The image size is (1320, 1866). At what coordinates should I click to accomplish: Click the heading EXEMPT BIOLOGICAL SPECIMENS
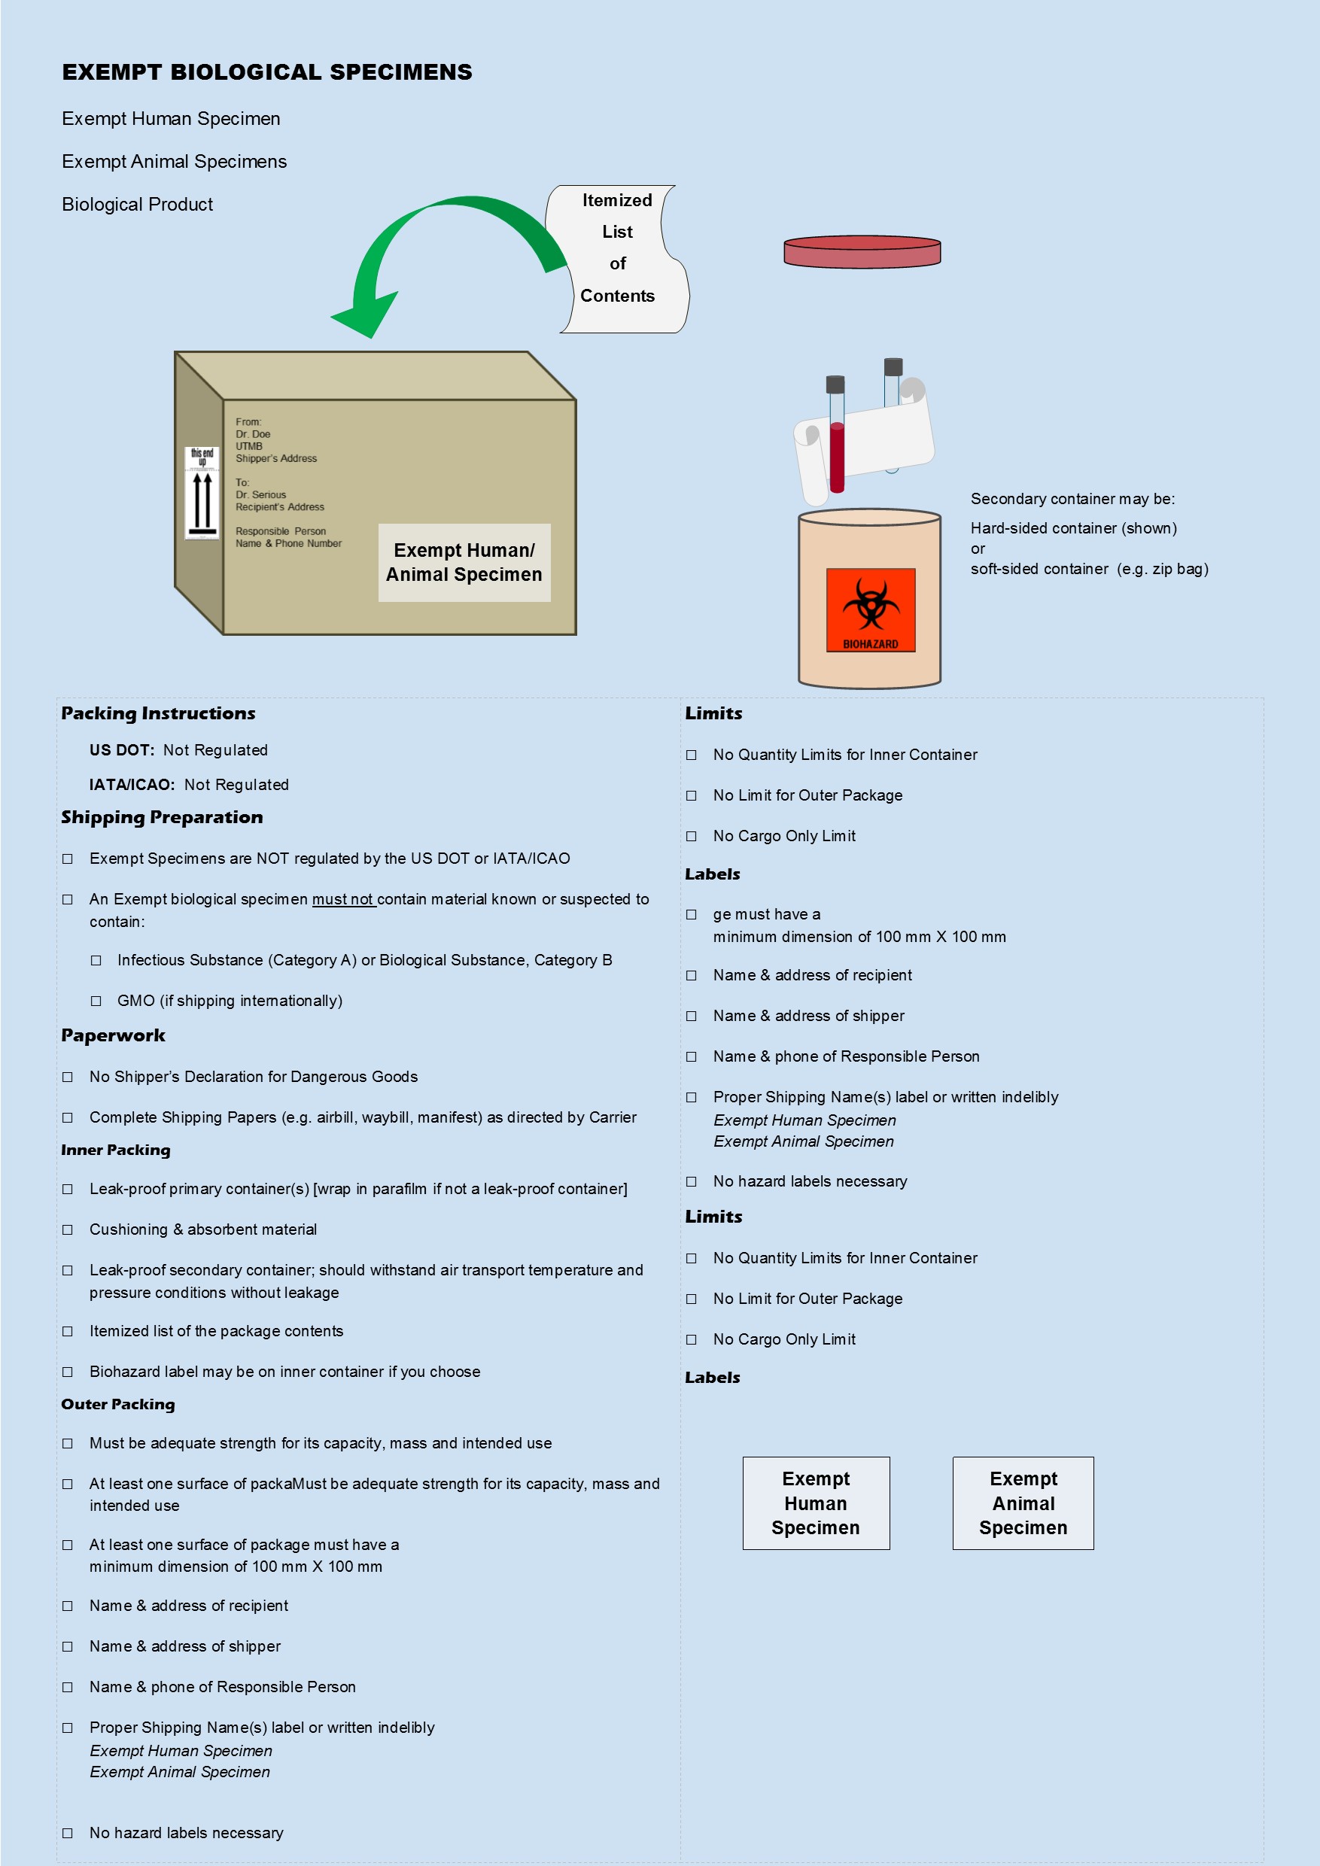click(x=266, y=72)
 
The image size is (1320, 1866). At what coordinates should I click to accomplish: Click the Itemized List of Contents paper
click(x=618, y=258)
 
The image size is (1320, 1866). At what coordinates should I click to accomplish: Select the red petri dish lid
click(x=862, y=252)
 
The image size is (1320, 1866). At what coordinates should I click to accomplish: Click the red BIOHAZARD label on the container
click(x=871, y=609)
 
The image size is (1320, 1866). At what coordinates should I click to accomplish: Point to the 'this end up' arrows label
click(x=202, y=493)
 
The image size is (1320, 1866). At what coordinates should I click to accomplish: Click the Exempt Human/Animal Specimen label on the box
click(x=464, y=562)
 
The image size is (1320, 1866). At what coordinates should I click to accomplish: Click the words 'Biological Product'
click(x=138, y=205)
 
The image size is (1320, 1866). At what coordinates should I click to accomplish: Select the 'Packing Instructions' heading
click(x=159, y=713)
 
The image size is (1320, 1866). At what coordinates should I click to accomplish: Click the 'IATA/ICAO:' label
click(x=132, y=785)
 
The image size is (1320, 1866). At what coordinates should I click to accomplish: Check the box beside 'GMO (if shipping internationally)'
click(x=96, y=1001)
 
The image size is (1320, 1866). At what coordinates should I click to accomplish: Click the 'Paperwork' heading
click(x=113, y=1035)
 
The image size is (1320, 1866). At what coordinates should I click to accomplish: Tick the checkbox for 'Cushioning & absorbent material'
click(x=68, y=1229)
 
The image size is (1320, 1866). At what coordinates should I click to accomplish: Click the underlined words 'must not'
click(x=343, y=900)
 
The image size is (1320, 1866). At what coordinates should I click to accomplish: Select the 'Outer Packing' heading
click(x=118, y=1404)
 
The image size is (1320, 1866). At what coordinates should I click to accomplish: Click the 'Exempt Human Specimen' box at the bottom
click(x=815, y=1503)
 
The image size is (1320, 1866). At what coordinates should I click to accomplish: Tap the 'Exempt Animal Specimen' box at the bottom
click(x=1023, y=1503)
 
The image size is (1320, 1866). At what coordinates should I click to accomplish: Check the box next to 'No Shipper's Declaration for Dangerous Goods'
click(x=68, y=1077)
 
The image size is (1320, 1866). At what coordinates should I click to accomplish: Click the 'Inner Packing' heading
click(x=115, y=1150)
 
